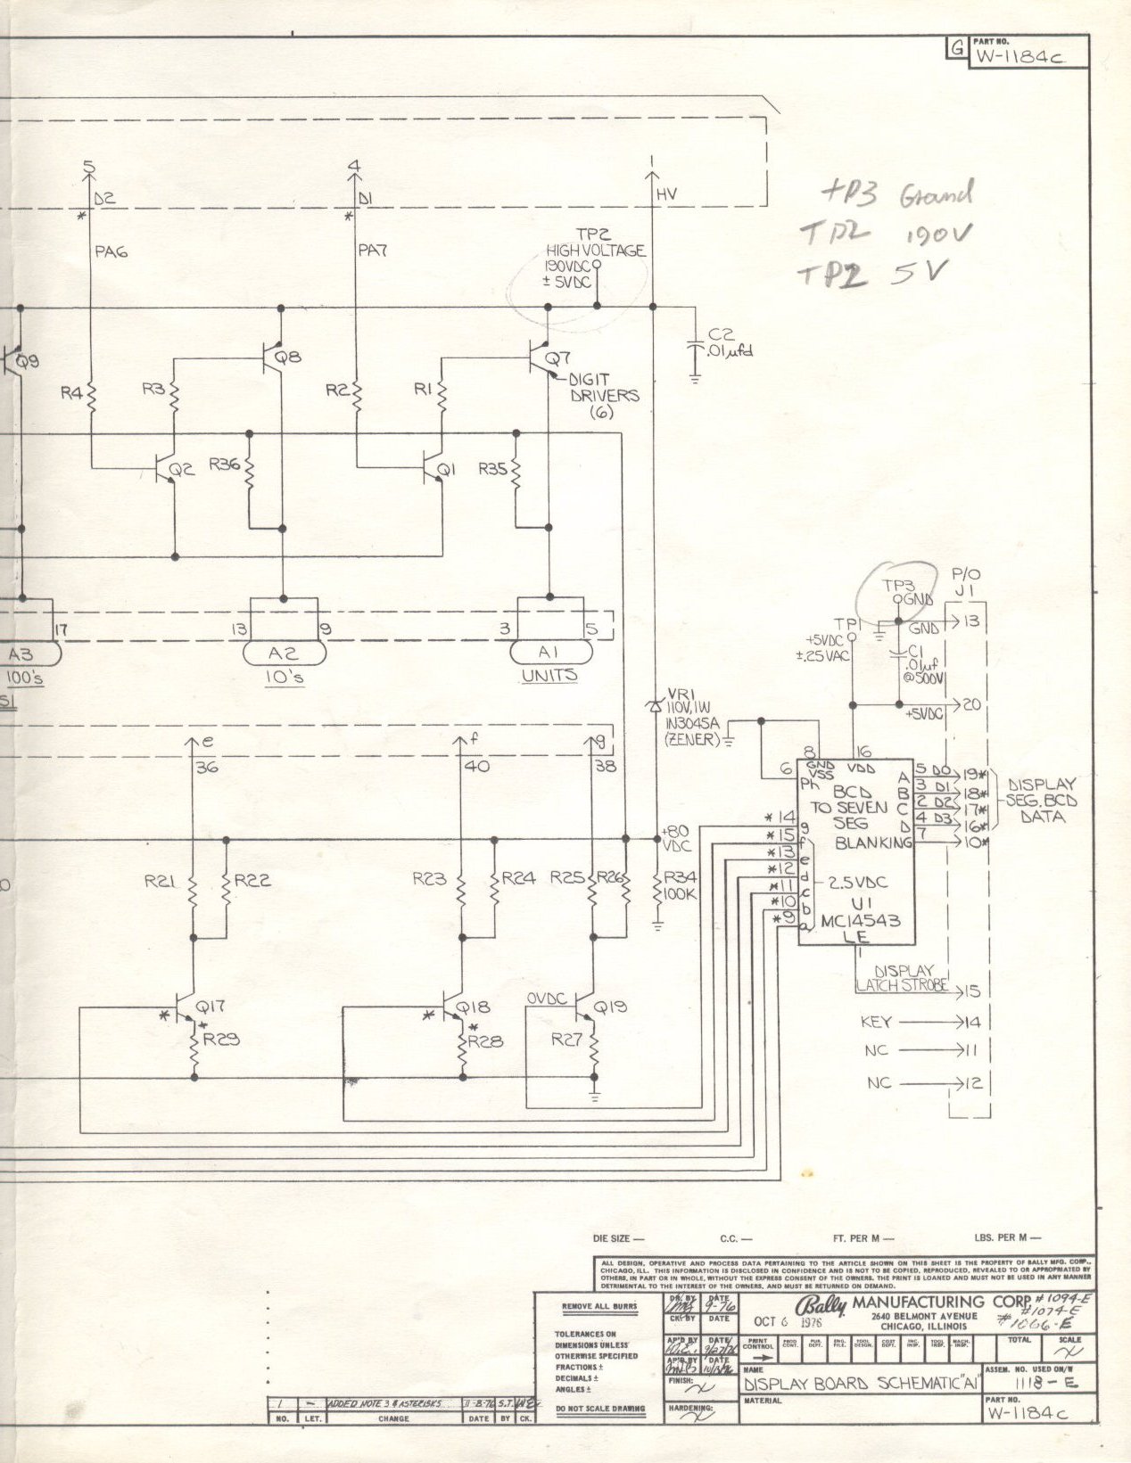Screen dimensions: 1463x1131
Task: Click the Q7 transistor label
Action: (x=557, y=359)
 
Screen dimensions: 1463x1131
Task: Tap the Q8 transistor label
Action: (x=287, y=358)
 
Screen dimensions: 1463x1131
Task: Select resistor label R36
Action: (x=224, y=464)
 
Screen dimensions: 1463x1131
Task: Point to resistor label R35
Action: (x=492, y=468)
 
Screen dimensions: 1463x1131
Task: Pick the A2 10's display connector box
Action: (x=285, y=653)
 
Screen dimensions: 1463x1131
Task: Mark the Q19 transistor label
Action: (x=610, y=1007)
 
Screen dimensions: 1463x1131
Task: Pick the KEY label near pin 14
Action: (x=876, y=1023)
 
